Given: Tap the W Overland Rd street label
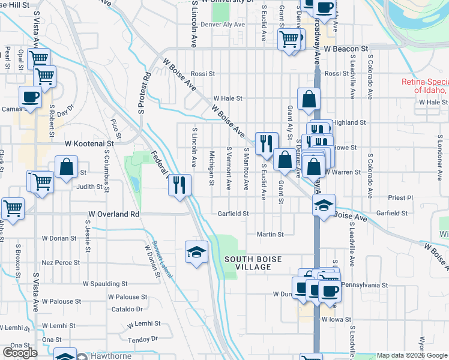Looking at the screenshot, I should [x=114, y=214].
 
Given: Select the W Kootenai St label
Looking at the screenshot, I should [x=89, y=144].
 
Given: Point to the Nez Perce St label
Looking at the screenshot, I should [x=61, y=263].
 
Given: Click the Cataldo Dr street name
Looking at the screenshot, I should [x=127, y=310].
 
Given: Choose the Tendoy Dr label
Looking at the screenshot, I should [x=143, y=340].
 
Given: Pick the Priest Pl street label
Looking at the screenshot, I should [x=402, y=197].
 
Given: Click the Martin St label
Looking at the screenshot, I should [x=270, y=235].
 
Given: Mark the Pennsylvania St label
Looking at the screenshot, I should [x=366, y=284].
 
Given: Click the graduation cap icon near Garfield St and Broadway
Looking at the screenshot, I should [x=323, y=206].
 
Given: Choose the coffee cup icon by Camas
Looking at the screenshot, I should [x=30, y=97].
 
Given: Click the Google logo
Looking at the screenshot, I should [x=20, y=352].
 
